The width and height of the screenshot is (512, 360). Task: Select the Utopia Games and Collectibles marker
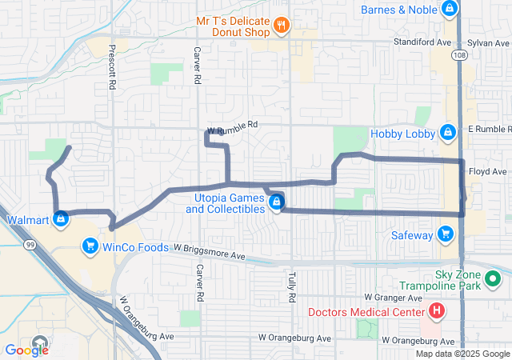(x=276, y=202)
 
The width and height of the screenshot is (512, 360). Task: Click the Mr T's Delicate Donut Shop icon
(x=280, y=26)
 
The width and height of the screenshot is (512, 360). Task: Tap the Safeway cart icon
(x=446, y=235)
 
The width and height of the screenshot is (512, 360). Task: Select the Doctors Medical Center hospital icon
(x=437, y=310)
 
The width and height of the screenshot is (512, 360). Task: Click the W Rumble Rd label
(x=232, y=126)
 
